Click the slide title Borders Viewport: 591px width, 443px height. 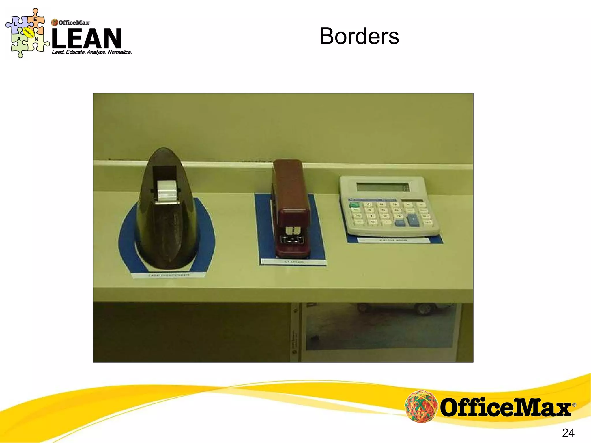pos(359,36)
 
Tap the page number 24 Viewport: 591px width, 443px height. pos(568,433)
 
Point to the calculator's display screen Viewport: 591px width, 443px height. pos(383,187)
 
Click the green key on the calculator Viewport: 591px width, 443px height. pos(354,205)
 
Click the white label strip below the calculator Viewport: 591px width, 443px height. pos(393,240)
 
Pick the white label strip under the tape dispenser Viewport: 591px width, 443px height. pos(169,275)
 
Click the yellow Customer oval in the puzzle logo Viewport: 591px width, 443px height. pos(28,33)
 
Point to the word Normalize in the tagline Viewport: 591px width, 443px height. pos(119,52)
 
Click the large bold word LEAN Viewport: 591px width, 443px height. pos(87,38)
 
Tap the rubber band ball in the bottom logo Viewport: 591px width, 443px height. pos(420,406)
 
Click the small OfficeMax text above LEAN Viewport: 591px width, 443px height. pos(74,22)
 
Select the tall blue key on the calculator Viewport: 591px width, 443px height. pos(413,220)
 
